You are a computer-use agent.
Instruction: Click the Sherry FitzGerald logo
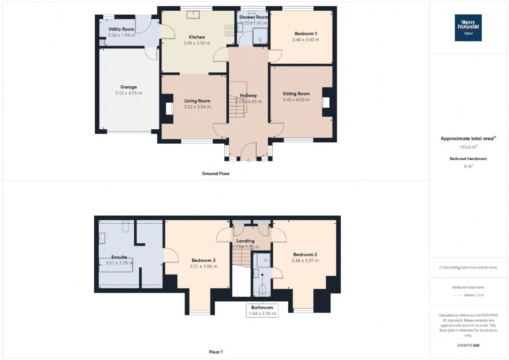(468, 28)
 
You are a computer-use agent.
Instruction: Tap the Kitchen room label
(197, 37)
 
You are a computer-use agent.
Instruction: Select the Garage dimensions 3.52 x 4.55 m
(128, 93)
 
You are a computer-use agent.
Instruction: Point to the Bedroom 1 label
(306, 34)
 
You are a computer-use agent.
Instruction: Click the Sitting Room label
(296, 93)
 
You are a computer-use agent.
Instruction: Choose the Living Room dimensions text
(197, 107)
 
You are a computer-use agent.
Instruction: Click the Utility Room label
(121, 29)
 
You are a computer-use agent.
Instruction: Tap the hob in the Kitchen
(229, 30)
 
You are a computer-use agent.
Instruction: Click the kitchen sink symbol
(193, 14)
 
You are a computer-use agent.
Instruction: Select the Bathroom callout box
(262, 310)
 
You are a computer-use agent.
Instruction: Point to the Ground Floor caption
(216, 173)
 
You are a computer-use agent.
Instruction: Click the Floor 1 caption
(216, 352)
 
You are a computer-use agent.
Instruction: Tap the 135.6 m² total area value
(468, 147)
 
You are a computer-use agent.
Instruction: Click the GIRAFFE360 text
(468, 345)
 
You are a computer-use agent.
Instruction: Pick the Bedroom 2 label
(305, 255)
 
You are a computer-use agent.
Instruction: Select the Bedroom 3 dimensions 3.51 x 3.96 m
(203, 266)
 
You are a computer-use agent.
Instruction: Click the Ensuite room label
(119, 257)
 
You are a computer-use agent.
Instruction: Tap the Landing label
(245, 241)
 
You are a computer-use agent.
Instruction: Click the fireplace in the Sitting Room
(326, 102)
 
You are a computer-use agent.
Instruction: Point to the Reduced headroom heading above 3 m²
(468, 159)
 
